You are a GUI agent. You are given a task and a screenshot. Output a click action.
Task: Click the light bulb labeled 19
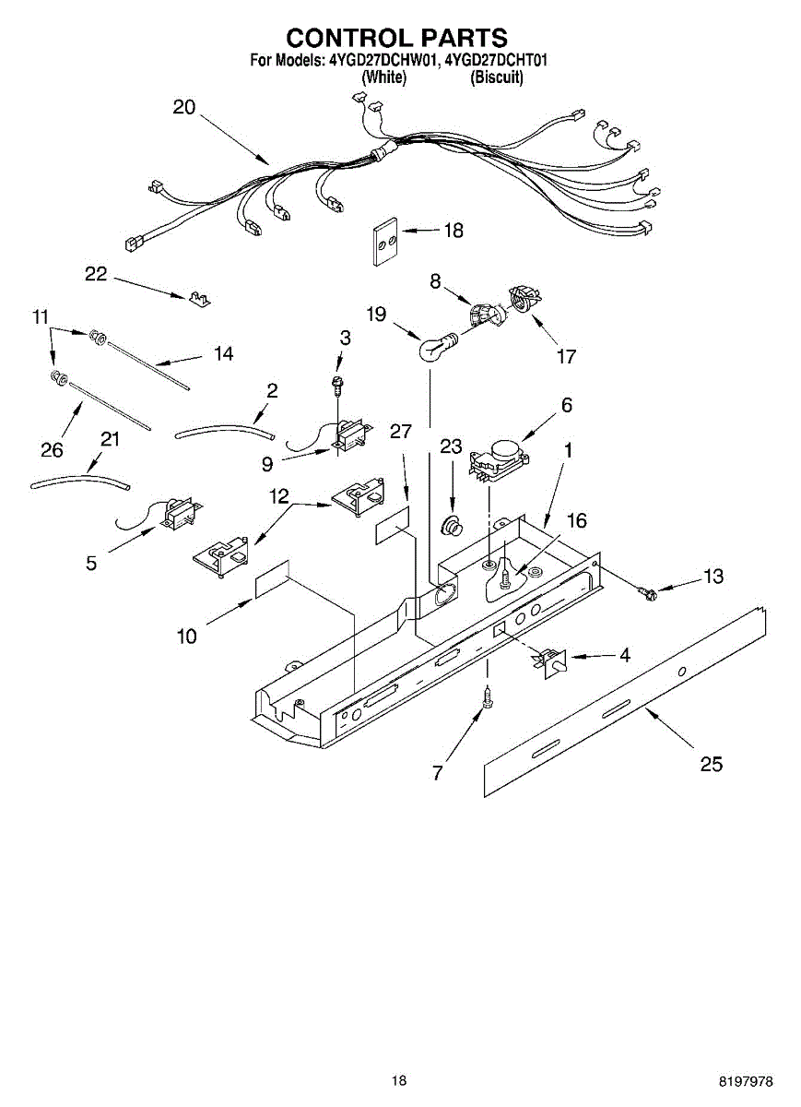coord(431,348)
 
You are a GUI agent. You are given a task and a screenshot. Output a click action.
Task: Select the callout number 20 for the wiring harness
coord(184,107)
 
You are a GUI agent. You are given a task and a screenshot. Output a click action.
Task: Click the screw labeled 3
coord(338,381)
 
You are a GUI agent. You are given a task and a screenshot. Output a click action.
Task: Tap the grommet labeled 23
coord(453,528)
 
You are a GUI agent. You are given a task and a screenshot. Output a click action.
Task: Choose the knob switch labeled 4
coord(552,661)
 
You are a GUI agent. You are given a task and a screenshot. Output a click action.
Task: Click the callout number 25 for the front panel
coord(711,763)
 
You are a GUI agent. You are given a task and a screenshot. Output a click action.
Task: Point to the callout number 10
coord(186,636)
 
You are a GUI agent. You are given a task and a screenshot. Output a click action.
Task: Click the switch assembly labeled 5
coord(178,512)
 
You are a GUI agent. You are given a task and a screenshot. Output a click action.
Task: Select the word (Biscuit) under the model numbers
coord(497,77)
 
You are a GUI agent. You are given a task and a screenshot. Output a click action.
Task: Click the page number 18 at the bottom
coord(398,1080)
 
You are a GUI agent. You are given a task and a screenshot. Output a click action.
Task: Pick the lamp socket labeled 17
coord(523,300)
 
